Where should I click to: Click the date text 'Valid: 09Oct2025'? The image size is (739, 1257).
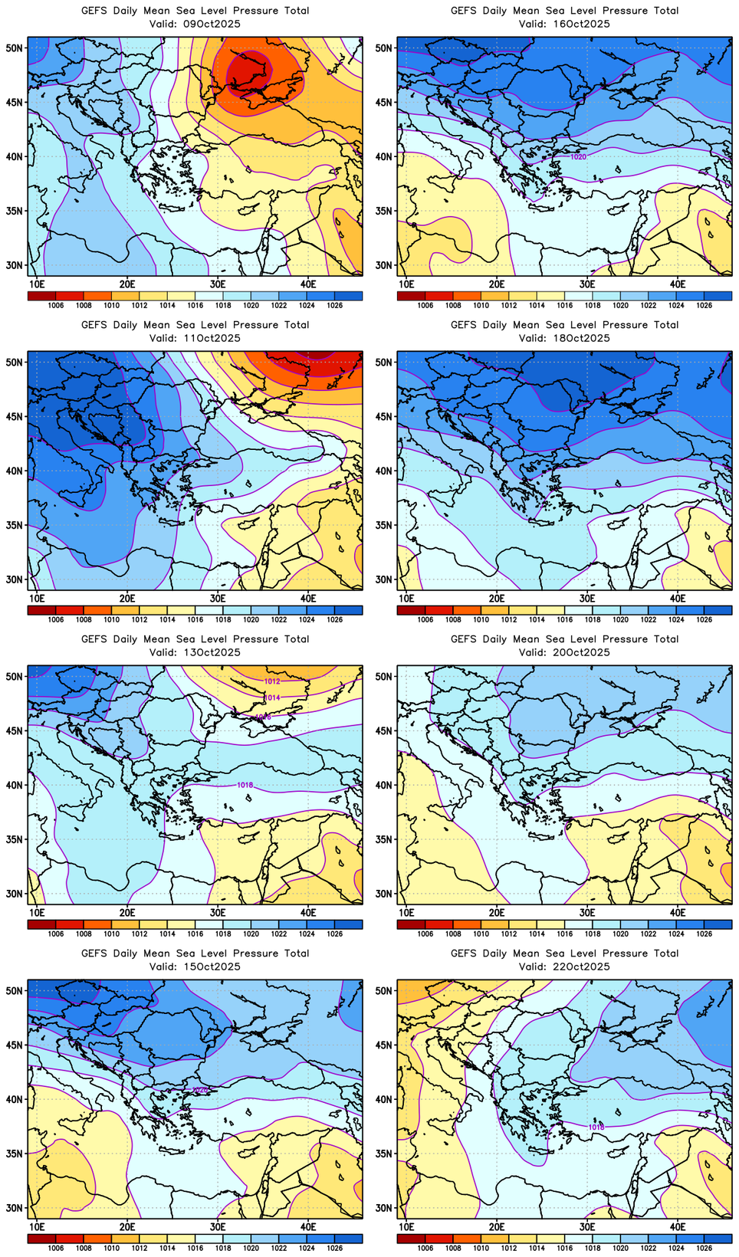[195, 24]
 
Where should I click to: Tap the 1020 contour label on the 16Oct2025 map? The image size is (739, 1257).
[578, 156]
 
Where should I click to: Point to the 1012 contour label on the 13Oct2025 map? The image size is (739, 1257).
[272, 681]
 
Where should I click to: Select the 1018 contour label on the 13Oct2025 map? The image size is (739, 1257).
[245, 785]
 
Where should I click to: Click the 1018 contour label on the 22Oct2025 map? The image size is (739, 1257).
[596, 1127]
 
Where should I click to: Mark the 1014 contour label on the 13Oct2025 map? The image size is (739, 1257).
[272, 697]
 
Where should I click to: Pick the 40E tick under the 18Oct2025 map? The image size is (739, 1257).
[678, 598]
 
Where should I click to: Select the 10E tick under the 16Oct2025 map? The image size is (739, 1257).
[406, 284]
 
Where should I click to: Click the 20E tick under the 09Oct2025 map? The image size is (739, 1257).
[127, 284]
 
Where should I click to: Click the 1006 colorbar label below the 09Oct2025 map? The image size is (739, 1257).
[56, 305]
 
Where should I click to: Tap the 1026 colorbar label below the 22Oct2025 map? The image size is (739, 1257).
[704, 1248]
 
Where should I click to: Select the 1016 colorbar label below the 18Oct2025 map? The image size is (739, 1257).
[565, 619]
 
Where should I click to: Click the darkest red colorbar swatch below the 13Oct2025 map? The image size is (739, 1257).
[41, 924]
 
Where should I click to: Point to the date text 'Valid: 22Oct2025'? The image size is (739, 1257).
[564, 967]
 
